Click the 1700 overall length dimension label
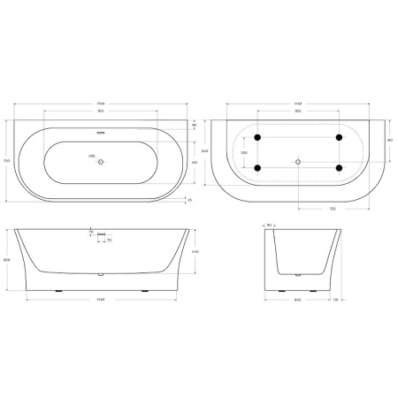click(103, 103)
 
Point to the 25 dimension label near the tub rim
click(189, 201)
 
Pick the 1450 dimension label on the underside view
click(299, 103)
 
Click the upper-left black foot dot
click(256, 138)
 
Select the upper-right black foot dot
click(339, 138)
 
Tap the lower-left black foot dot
click(256, 167)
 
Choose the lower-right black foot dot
click(339, 167)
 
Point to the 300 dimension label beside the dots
click(244, 153)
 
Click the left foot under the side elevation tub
click(59, 290)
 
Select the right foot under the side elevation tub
click(145, 290)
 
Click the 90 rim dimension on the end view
click(269, 225)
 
